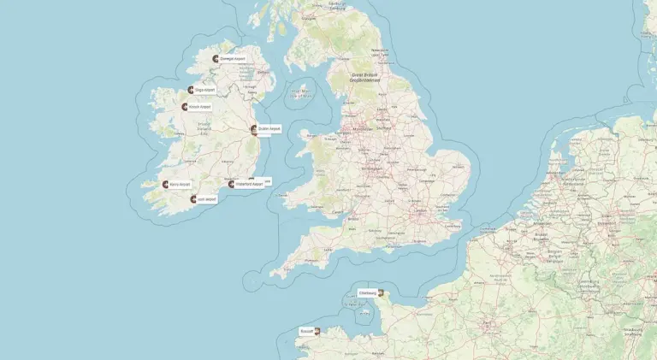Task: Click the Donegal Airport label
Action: (233, 59)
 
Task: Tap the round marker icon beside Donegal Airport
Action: (216, 59)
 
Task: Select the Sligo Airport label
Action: (204, 90)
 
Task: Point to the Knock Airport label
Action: (199, 107)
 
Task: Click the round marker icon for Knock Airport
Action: (184, 107)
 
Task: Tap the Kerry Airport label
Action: (181, 184)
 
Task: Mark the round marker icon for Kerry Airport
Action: (165, 184)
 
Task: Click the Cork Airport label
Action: (207, 199)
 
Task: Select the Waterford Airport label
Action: (249, 184)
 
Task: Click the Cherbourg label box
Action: (367, 293)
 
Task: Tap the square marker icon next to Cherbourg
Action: (381, 293)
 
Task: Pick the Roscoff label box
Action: (306, 330)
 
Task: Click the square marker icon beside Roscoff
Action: (317, 330)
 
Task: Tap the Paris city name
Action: (490, 326)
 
